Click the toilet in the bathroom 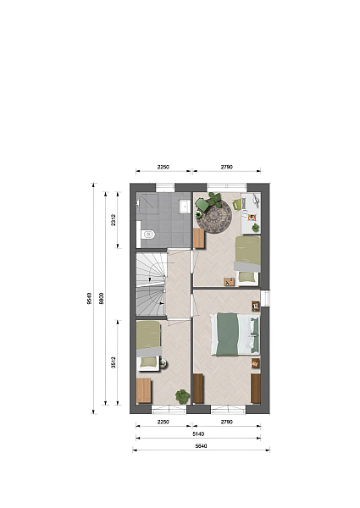point(149,234)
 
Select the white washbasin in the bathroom point(185,207)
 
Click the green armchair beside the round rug point(202,204)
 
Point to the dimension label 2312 point(114,220)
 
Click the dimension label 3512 point(114,362)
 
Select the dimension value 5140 point(198,433)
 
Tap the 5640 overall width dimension point(202,446)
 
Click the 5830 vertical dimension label point(101,298)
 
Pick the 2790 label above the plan point(227,167)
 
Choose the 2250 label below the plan point(163,422)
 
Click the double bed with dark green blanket point(235,334)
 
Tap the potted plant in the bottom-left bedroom point(182,396)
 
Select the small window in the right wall point(265,298)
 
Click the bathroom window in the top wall point(165,187)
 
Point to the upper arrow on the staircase point(149,279)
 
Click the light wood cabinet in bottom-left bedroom point(144,390)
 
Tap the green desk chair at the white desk point(236,204)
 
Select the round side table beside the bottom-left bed point(163,363)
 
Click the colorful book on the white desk point(252,217)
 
